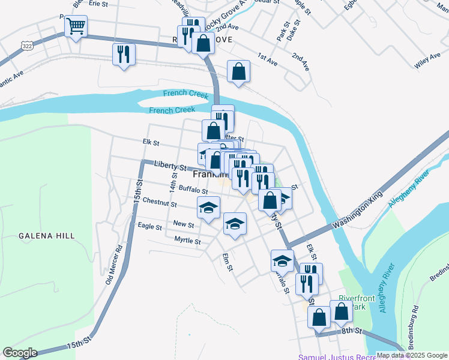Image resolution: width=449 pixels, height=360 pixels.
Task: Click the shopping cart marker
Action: (x=76, y=26)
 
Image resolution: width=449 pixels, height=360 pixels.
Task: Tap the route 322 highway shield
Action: (x=26, y=46)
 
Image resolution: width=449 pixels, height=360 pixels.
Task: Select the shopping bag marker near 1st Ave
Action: (x=238, y=71)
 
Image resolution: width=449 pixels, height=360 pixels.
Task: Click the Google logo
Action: (x=20, y=352)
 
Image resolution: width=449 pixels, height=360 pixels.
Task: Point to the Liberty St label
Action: (x=168, y=165)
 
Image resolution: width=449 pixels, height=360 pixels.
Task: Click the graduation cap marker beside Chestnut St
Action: (x=208, y=208)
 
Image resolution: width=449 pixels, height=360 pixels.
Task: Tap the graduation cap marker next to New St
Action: (x=235, y=224)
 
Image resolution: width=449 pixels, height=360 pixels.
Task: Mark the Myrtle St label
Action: (x=187, y=241)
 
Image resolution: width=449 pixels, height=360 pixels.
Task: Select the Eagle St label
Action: (x=149, y=227)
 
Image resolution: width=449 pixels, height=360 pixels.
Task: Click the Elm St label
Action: (x=227, y=263)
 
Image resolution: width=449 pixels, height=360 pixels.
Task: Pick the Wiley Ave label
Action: (x=427, y=58)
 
